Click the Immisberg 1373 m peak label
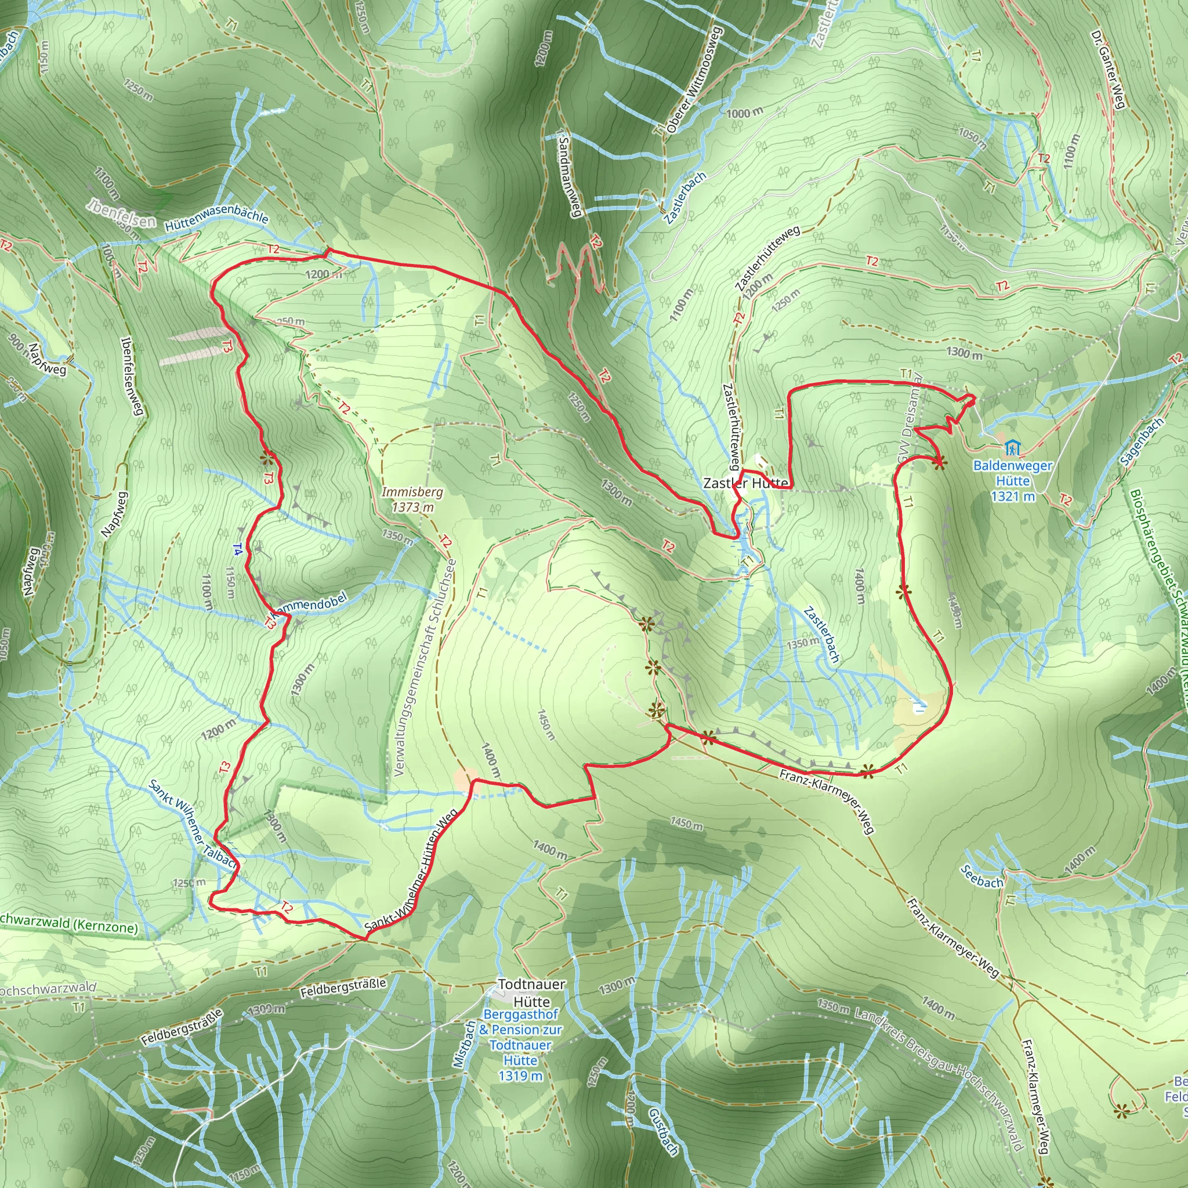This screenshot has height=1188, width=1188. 411,499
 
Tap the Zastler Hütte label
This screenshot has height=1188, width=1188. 745,483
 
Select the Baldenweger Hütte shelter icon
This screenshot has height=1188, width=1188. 1012,447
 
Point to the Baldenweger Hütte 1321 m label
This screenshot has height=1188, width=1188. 1012,481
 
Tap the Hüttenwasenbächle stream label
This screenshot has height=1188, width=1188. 216,218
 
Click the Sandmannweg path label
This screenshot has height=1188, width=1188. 570,174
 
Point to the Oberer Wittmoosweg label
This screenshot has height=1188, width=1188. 696,80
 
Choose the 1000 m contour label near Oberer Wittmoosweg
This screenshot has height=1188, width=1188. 744,113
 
